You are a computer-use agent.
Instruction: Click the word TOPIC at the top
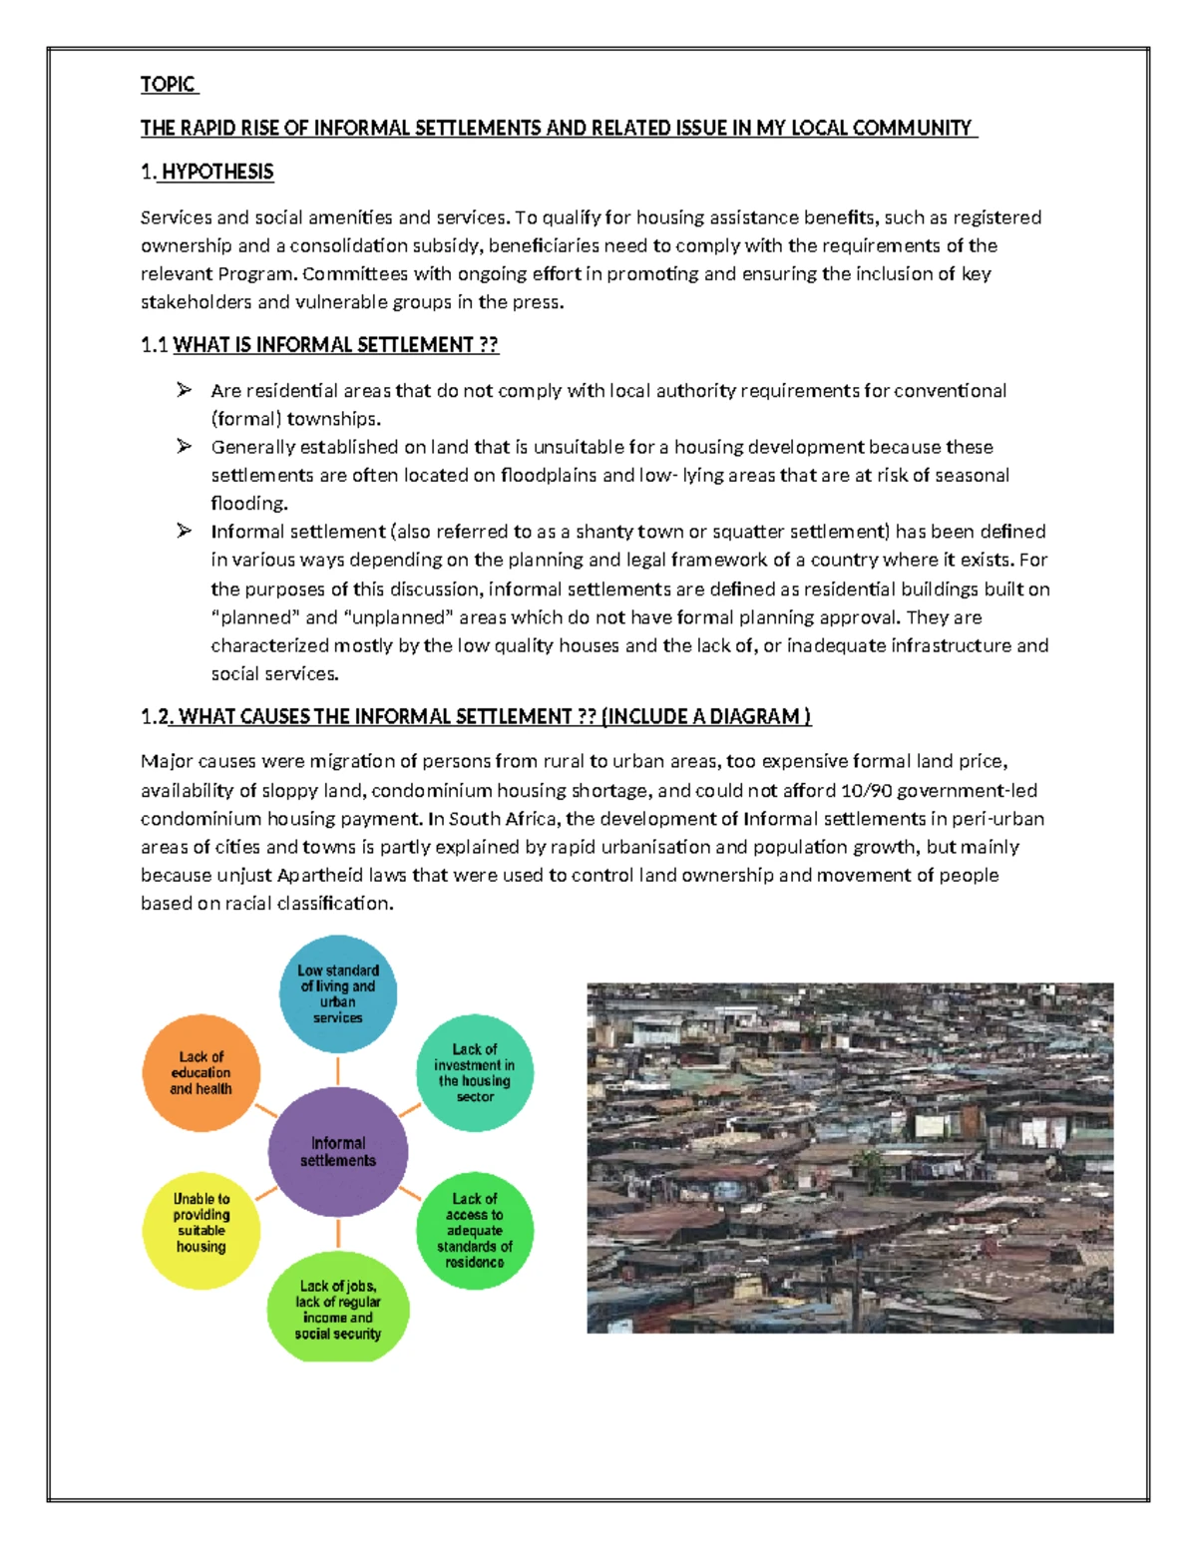tap(168, 85)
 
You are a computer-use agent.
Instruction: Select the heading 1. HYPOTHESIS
tap(207, 173)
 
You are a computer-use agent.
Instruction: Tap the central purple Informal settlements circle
tap(338, 1152)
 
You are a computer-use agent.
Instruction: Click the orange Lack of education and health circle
tap(201, 1073)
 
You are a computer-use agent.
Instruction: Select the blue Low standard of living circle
tap(338, 993)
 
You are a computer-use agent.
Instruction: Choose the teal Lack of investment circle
tap(475, 1073)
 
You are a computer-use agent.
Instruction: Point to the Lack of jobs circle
tap(338, 1309)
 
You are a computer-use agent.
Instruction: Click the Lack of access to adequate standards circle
tap(475, 1230)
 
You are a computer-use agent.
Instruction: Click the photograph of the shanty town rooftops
tap(850, 1158)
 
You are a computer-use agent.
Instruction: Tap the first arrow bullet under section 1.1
tap(185, 390)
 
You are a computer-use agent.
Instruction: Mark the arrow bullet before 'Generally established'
tap(185, 447)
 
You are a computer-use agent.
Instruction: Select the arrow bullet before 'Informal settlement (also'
tap(185, 531)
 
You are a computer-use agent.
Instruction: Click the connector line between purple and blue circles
tap(338, 1070)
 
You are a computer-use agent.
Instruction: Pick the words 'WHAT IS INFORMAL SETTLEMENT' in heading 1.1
tap(322, 345)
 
